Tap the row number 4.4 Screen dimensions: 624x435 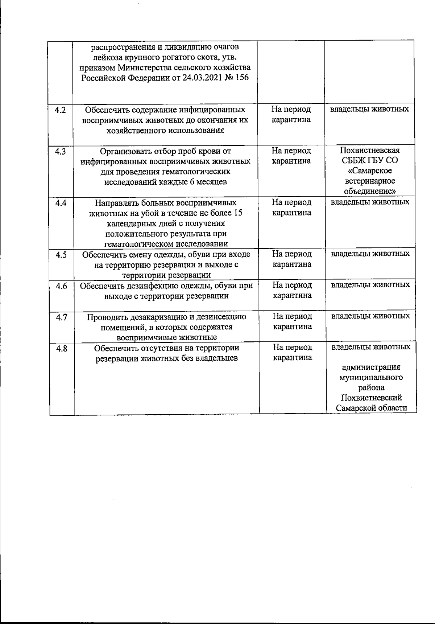point(61,203)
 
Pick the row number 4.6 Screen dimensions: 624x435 point(61,286)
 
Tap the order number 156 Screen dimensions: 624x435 point(242,78)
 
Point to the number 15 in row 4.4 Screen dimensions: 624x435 point(238,213)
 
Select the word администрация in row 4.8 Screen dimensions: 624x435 point(371,367)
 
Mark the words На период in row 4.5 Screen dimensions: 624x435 point(292,254)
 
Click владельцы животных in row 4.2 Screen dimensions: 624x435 point(370,109)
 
